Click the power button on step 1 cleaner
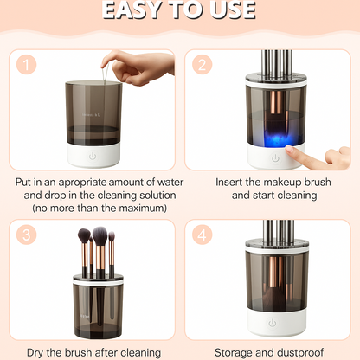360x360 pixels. point(93,157)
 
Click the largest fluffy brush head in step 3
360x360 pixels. point(100,235)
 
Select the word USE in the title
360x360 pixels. point(228,10)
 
